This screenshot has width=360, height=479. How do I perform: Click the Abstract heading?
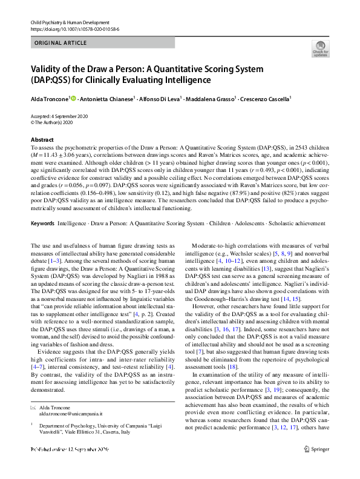pyautogui.click(x=42, y=140)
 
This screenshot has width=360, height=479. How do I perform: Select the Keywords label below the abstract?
pyautogui.click(x=42, y=223)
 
